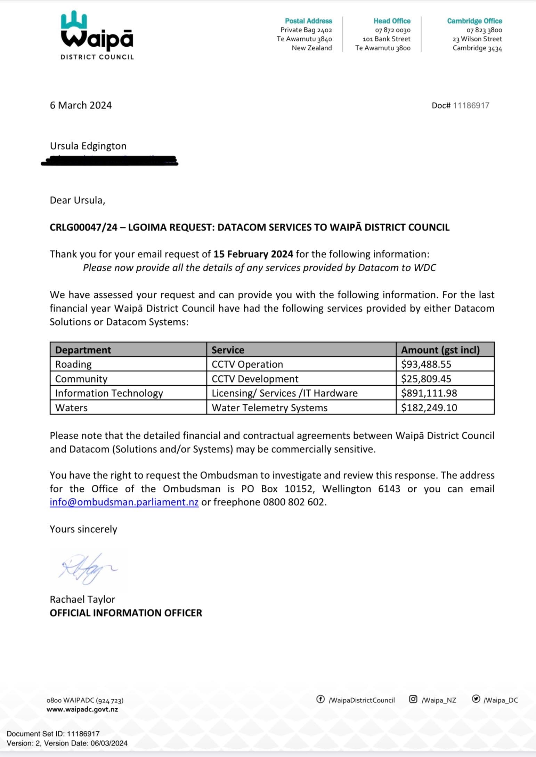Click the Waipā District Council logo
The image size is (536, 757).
coord(97,35)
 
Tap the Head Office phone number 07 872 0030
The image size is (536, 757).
coord(392,30)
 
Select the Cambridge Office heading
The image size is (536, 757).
coord(474,21)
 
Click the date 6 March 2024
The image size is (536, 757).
coord(81,105)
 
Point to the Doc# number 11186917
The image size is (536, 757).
coord(471,105)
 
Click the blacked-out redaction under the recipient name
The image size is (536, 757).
coord(109,161)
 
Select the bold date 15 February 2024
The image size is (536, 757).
coord(253,254)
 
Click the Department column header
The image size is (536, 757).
coord(83,350)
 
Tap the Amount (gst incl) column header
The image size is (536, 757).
coord(440,350)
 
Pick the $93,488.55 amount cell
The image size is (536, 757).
coord(426,364)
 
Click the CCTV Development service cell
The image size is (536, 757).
coord(255,379)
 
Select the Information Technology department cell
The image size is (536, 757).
coord(109,393)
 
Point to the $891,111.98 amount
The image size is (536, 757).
coord(429,393)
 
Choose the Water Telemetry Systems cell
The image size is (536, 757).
coord(269,408)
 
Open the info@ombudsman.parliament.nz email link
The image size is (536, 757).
coord(124,502)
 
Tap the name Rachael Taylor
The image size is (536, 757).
coord(82,599)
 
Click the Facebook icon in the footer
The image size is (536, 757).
coord(320,699)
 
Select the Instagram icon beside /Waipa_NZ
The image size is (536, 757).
coord(413,699)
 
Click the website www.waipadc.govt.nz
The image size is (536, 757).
coord(82,709)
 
